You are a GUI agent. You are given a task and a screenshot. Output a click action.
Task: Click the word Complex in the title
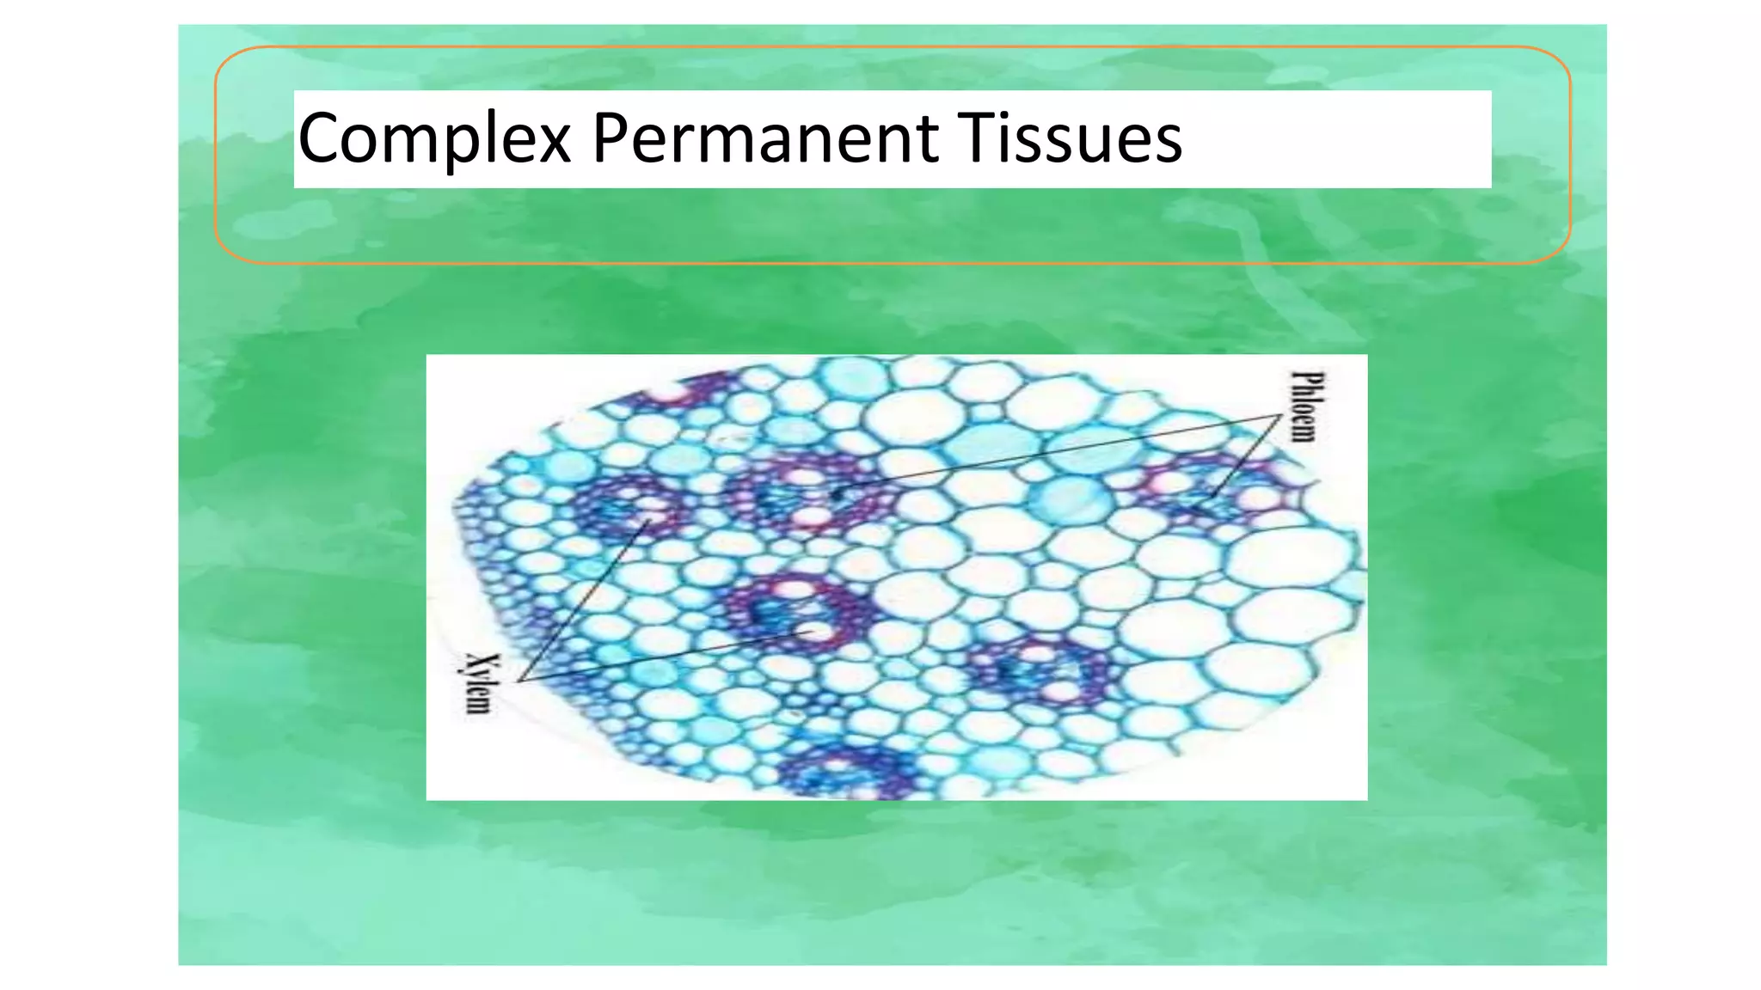pyautogui.click(x=434, y=137)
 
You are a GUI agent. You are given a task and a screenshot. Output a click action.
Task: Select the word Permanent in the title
pyautogui.click(x=765, y=137)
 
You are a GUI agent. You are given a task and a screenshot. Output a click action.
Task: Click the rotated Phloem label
pyautogui.click(x=1305, y=406)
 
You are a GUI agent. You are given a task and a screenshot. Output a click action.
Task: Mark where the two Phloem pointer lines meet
pyautogui.click(x=1280, y=415)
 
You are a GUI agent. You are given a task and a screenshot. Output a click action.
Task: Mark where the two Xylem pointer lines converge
pyautogui.click(x=518, y=681)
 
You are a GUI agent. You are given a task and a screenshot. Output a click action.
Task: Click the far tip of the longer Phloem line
pyautogui.click(x=838, y=493)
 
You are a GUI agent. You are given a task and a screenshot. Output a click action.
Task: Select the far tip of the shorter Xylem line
pyautogui.click(x=650, y=520)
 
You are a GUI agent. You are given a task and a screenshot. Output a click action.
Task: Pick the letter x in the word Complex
pyautogui.click(x=552, y=142)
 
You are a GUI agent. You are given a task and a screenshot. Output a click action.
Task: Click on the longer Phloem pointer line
pyautogui.click(x=1058, y=455)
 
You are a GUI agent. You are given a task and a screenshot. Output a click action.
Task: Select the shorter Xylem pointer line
pyautogui.click(x=585, y=601)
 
